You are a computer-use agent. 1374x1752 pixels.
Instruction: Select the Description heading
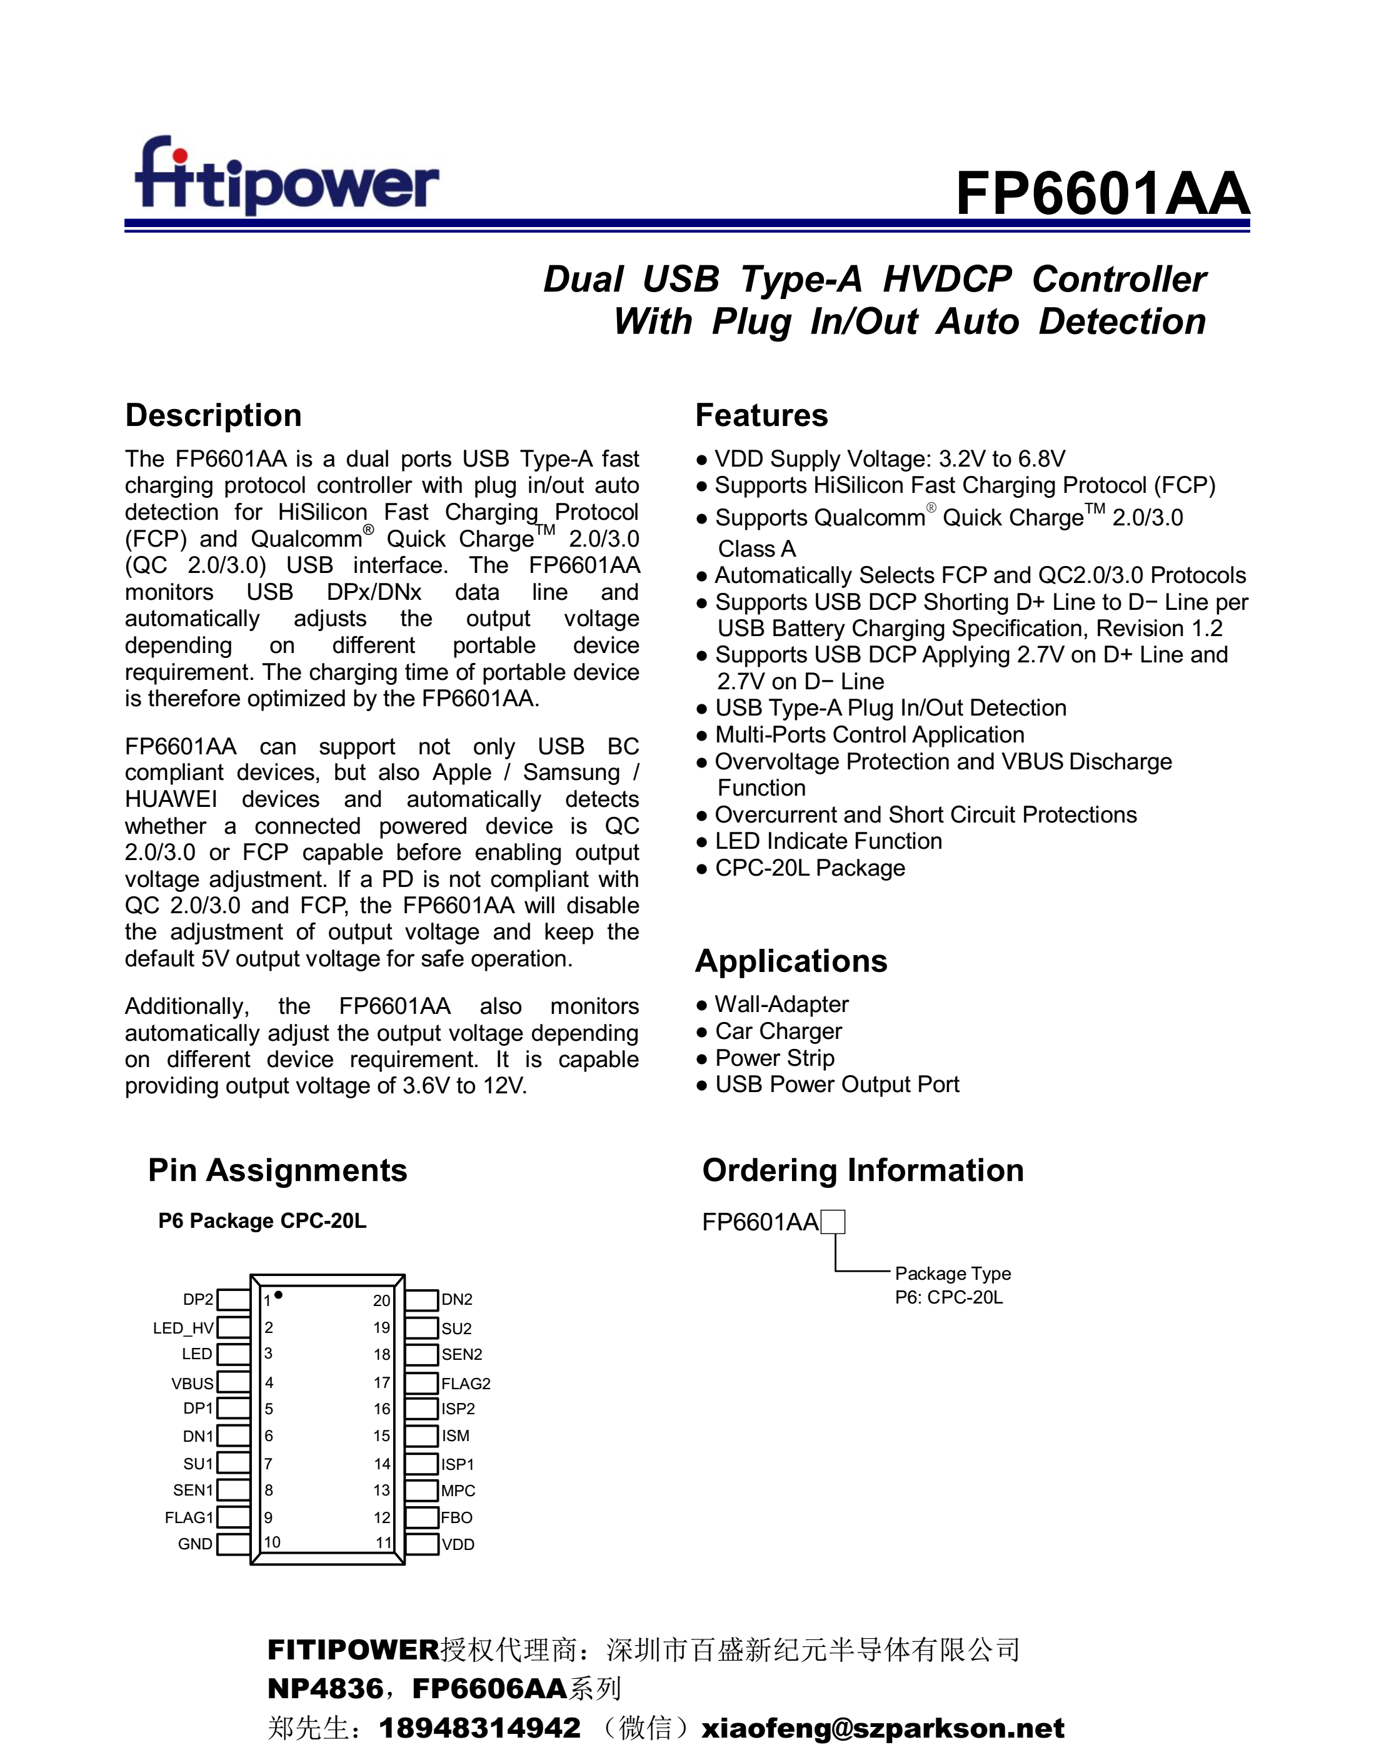coord(213,415)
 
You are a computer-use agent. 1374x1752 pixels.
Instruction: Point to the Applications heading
coord(791,961)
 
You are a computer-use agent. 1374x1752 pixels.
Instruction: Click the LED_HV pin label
coord(183,1328)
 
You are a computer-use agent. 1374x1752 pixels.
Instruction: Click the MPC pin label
coord(458,1491)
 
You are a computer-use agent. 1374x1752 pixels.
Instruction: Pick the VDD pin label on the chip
coord(458,1544)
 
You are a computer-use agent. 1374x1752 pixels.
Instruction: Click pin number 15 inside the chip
coord(381,1436)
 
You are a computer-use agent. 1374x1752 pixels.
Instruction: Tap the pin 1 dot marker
coord(278,1295)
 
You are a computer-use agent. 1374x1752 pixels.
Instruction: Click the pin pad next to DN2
coord(421,1300)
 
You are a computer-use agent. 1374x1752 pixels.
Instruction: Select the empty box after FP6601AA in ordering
coord(833,1222)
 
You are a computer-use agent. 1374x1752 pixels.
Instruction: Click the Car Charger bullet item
coord(778,1031)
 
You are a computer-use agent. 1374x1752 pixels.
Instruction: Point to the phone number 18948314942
coord(479,1727)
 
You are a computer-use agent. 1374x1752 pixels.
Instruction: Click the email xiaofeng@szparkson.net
coord(883,1727)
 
